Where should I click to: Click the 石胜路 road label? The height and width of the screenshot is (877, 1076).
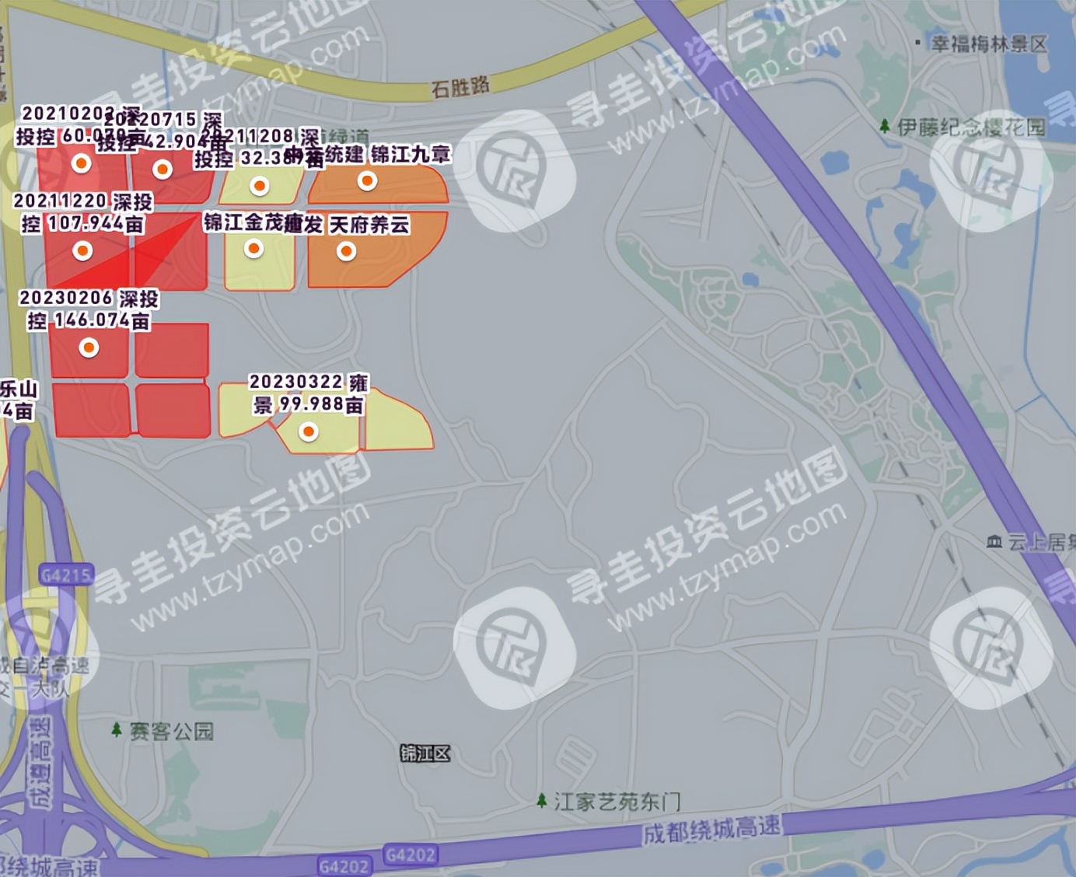point(460,86)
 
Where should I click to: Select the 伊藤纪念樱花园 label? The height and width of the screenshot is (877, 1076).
point(972,127)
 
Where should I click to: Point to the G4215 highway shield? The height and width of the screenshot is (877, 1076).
point(66,575)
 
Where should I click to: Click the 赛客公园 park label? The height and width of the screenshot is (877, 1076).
point(171,731)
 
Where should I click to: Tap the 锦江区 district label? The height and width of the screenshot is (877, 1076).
point(424,753)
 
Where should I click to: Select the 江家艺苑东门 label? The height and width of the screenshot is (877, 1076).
point(617,801)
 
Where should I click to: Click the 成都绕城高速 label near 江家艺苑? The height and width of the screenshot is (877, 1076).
point(711,830)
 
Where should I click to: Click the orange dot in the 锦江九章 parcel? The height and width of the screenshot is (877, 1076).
point(367,181)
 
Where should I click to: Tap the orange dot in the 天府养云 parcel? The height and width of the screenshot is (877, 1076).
point(346,251)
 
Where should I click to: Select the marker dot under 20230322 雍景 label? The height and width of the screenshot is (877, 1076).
point(309,432)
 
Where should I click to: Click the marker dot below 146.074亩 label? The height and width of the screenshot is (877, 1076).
point(89,348)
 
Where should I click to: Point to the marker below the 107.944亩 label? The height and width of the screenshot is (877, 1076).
point(82,251)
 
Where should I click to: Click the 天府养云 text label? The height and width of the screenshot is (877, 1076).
point(370,225)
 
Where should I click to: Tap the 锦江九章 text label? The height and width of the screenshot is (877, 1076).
point(410,155)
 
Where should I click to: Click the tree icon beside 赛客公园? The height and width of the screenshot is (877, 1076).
point(117,730)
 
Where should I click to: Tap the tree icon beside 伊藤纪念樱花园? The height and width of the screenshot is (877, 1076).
point(884,126)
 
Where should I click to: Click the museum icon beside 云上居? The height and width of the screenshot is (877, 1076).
point(994,542)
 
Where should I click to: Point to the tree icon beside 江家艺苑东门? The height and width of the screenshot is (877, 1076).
point(542,800)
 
